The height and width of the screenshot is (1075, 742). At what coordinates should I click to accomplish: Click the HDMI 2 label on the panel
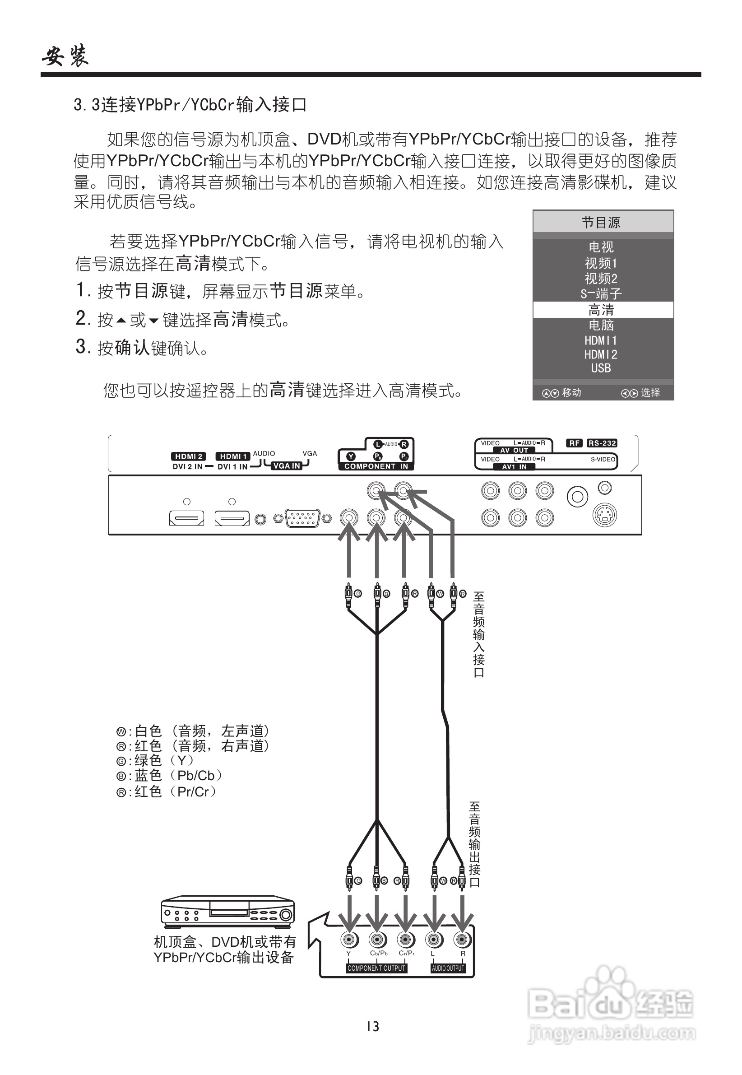[x=189, y=456]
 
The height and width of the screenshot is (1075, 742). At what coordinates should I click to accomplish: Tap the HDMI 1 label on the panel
[x=233, y=456]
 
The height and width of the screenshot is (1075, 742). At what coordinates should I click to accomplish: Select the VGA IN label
[x=287, y=465]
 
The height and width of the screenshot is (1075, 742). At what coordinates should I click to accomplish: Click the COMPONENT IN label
[x=376, y=466]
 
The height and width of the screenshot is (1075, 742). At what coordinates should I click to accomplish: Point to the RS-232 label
[x=602, y=443]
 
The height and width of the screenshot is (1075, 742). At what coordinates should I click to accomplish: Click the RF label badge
[x=575, y=443]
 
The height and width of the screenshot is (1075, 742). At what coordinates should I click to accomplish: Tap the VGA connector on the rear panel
[x=302, y=517]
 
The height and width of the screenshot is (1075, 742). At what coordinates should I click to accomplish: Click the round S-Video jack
[x=604, y=515]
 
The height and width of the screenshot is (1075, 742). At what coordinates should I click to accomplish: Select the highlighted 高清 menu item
[x=601, y=310]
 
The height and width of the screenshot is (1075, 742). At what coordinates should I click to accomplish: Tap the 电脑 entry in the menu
[x=601, y=325]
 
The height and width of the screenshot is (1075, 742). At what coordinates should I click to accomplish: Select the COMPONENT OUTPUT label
[x=376, y=968]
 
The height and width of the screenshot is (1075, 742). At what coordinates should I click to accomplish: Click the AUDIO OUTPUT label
[x=448, y=968]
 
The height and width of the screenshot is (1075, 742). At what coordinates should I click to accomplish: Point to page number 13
[x=373, y=1027]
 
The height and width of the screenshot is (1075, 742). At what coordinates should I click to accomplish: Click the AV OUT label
[x=514, y=450]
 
